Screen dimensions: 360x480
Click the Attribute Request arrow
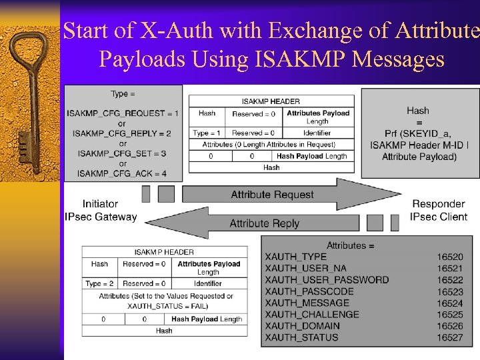(x=272, y=195)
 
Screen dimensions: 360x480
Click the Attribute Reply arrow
(x=265, y=223)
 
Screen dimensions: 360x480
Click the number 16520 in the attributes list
(x=450, y=257)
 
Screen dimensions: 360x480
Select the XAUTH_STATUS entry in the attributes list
(x=301, y=337)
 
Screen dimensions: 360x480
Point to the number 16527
(x=450, y=337)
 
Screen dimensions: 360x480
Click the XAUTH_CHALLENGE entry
(x=312, y=314)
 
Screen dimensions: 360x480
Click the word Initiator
(x=101, y=204)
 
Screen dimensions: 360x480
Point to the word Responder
(x=439, y=204)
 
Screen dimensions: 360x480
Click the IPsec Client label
(x=439, y=217)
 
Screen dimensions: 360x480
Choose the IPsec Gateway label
(x=101, y=217)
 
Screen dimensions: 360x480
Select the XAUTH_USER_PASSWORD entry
(x=327, y=279)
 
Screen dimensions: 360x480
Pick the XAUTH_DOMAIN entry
(x=302, y=326)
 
